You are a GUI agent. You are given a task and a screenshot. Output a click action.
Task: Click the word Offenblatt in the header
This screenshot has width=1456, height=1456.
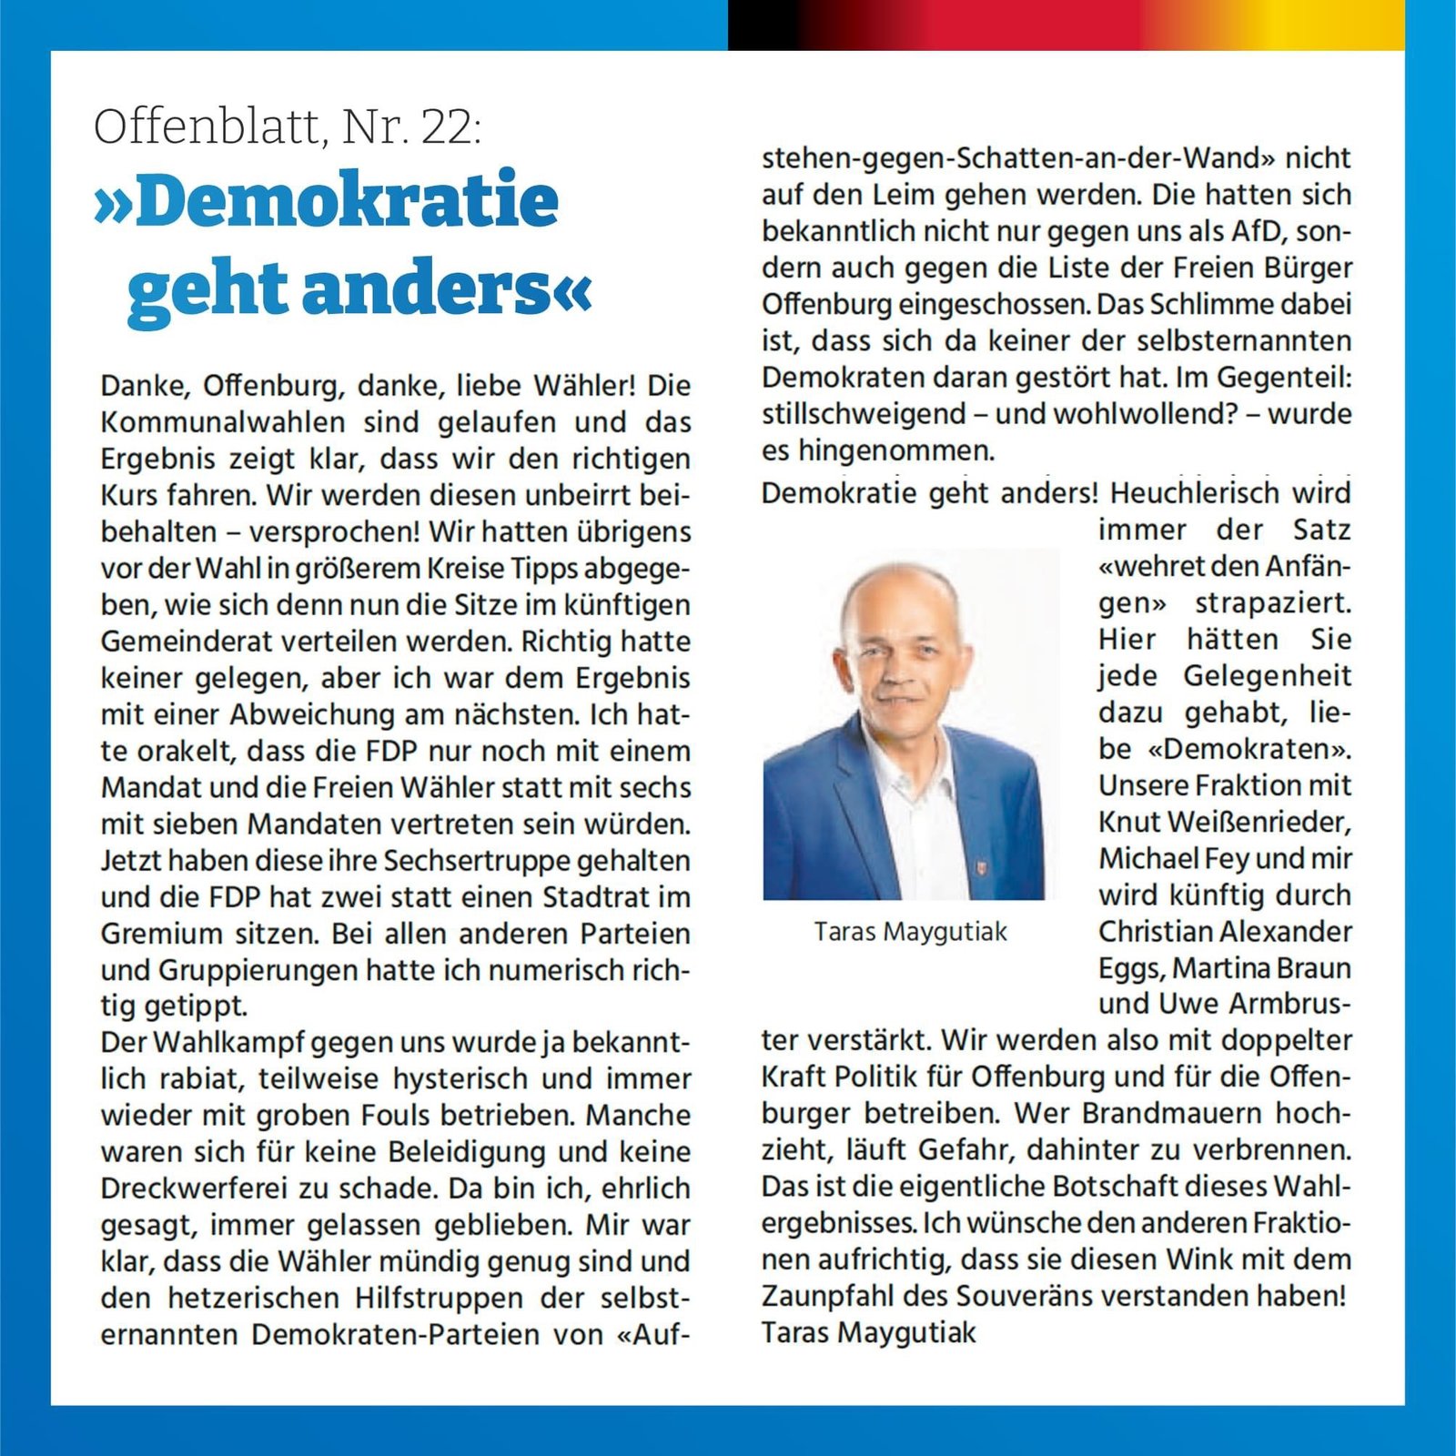click(x=206, y=126)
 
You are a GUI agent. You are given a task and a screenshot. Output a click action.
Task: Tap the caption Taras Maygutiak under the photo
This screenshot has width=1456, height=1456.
click(x=911, y=932)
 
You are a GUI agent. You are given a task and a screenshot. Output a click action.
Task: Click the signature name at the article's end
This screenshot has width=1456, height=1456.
click(x=868, y=1332)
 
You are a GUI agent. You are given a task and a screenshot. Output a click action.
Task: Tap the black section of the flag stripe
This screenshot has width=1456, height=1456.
click(x=764, y=25)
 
